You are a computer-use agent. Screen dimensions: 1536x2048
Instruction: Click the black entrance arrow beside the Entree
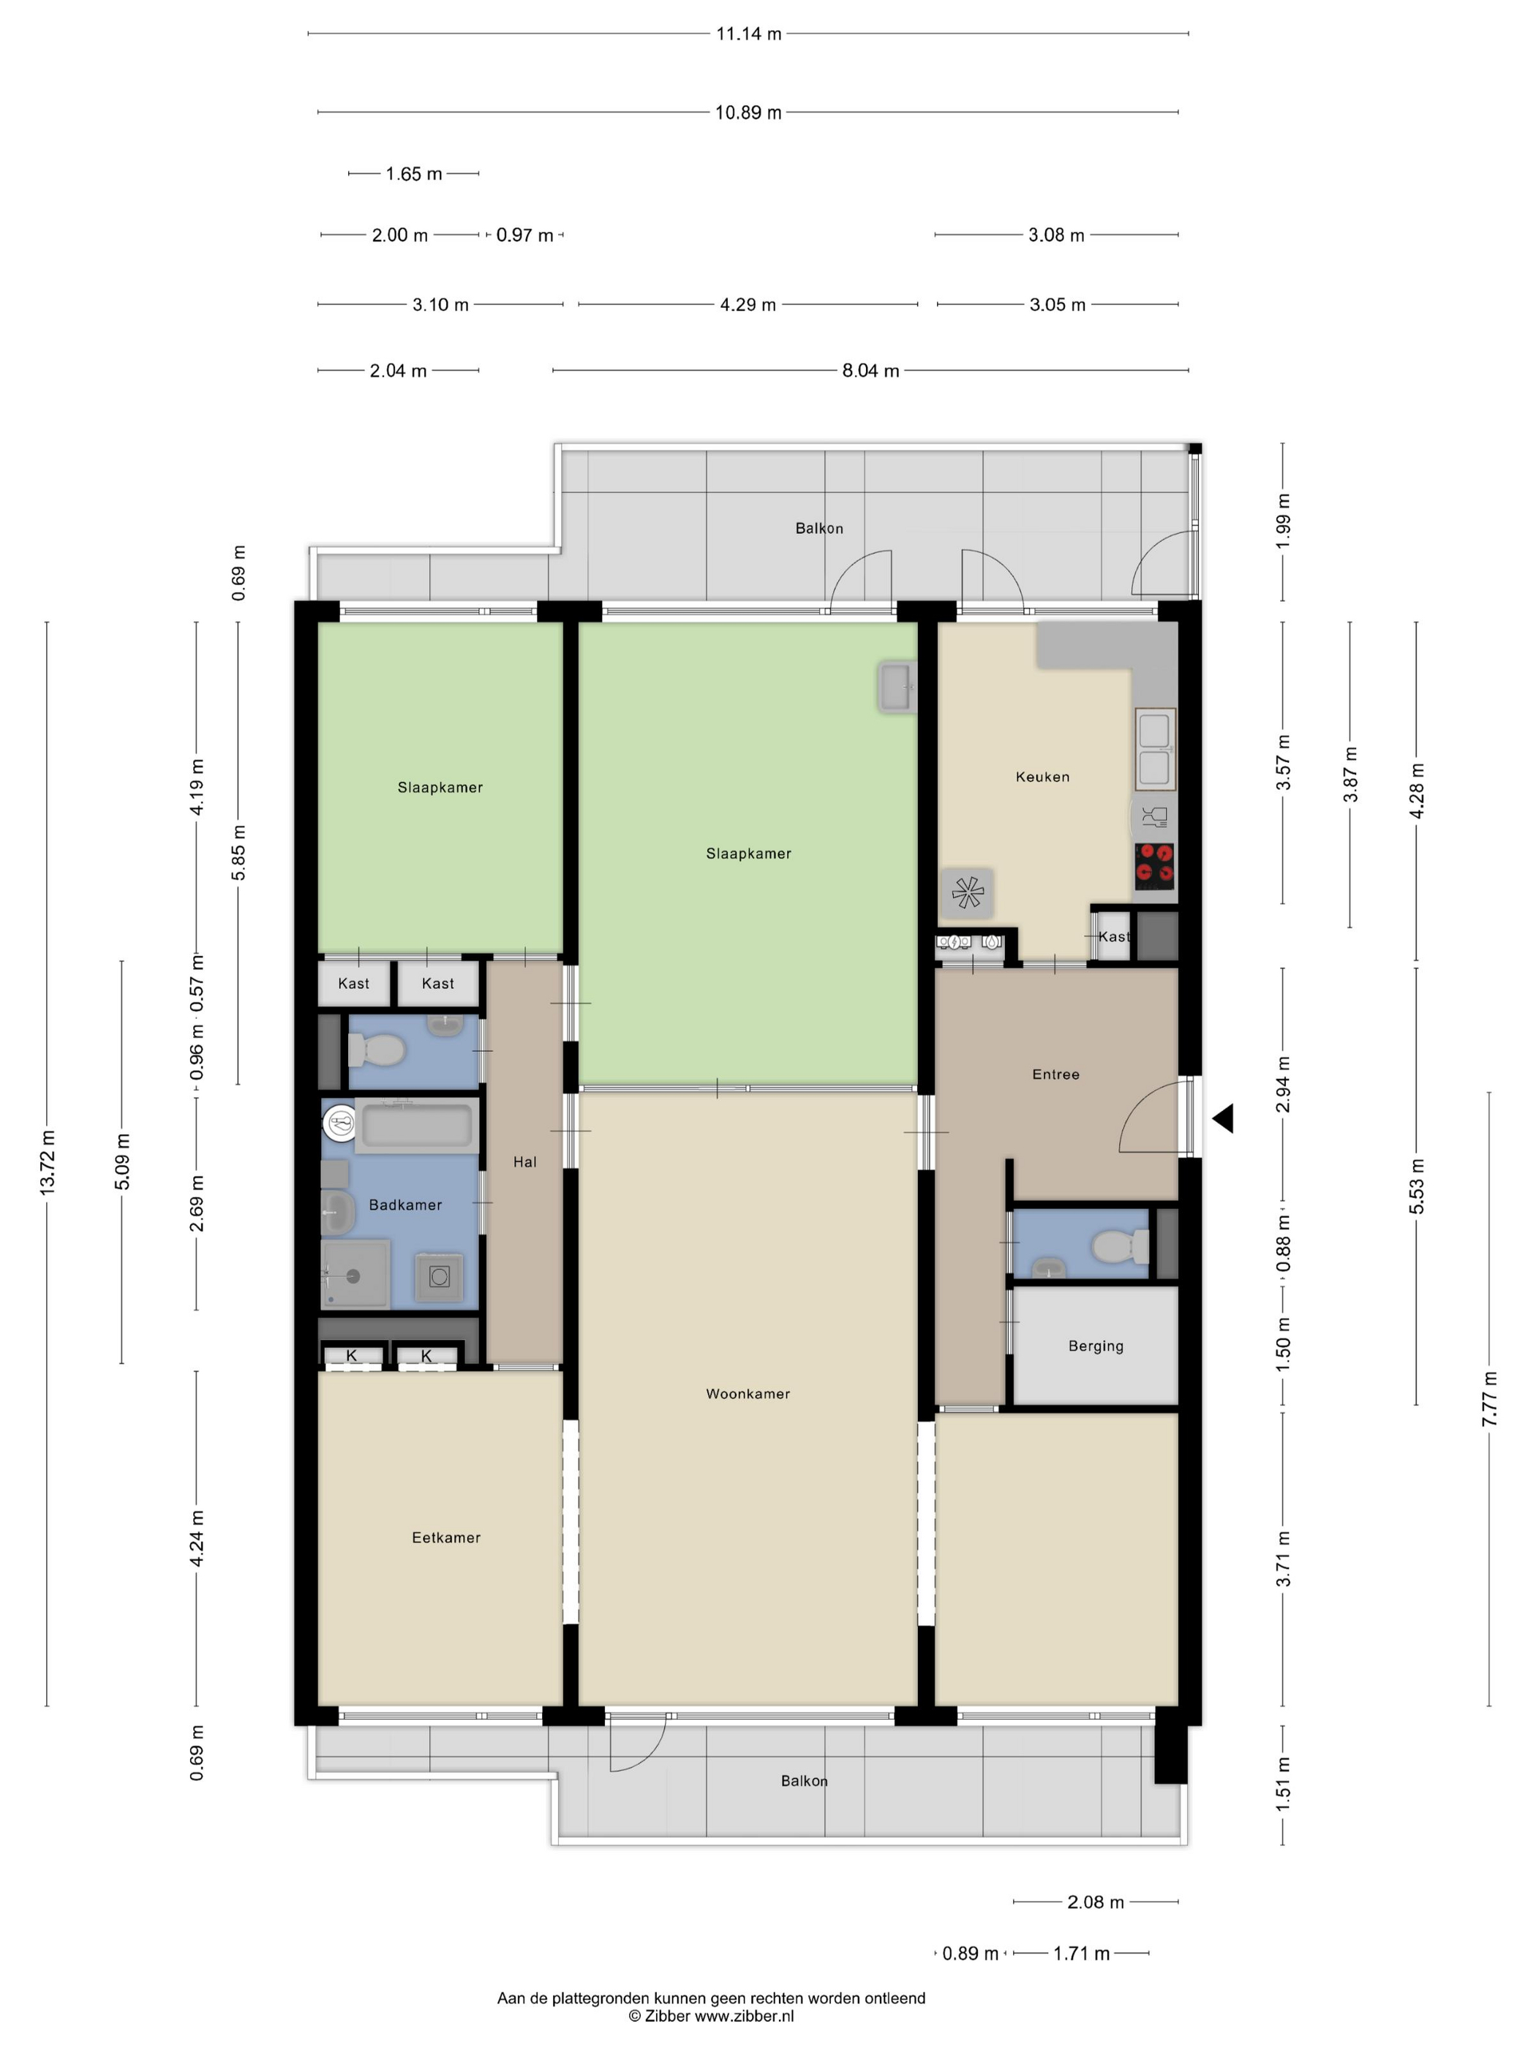[1223, 1118]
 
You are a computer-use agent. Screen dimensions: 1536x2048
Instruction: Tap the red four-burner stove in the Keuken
[1154, 867]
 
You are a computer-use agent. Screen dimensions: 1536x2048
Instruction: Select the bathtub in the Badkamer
[417, 1125]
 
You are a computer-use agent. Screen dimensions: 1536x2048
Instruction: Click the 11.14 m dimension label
[748, 34]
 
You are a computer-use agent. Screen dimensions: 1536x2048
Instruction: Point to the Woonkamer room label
[748, 1393]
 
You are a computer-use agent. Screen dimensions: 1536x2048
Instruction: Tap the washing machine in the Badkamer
[440, 1278]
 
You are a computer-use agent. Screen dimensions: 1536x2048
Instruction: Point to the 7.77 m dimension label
[1490, 1398]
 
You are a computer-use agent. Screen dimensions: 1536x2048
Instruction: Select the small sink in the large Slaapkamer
[896, 687]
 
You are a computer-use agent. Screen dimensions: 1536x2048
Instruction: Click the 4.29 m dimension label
[748, 304]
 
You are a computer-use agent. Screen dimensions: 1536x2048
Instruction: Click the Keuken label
[1042, 777]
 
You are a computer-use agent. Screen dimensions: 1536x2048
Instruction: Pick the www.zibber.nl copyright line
[711, 2016]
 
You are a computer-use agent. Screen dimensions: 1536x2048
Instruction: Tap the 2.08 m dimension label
[1095, 1902]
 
